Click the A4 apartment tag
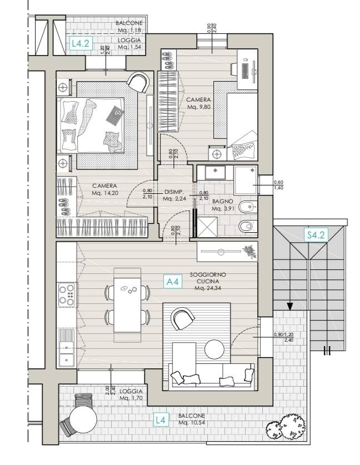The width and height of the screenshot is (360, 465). pyautogui.click(x=172, y=282)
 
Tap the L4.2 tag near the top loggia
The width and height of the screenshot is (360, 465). pyautogui.click(x=81, y=43)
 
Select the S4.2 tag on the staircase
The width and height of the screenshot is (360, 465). pyautogui.click(x=316, y=235)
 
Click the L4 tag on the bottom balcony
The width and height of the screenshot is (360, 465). pyautogui.click(x=161, y=420)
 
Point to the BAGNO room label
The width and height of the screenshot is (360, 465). pyautogui.click(x=222, y=201)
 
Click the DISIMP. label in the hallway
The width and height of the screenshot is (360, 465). pyautogui.click(x=174, y=192)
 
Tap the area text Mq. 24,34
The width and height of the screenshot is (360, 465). pyautogui.click(x=208, y=288)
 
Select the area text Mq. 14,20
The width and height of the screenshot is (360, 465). pyautogui.click(x=104, y=193)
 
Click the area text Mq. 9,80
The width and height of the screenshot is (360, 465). pyautogui.click(x=198, y=107)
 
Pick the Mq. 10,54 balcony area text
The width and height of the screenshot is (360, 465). pyautogui.click(x=192, y=423)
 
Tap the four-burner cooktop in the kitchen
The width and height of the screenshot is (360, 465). pyautogui.click(x=66, y=295)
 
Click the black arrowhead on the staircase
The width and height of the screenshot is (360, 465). pyautogui.click(x=290, y=306)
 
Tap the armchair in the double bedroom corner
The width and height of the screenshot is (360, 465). pyautogui.click(x=138, y=82)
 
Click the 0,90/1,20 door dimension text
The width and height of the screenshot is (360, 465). pyautogui.click(x=284, y=334)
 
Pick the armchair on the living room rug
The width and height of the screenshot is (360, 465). pyautogui.click(x=183, y=319)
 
